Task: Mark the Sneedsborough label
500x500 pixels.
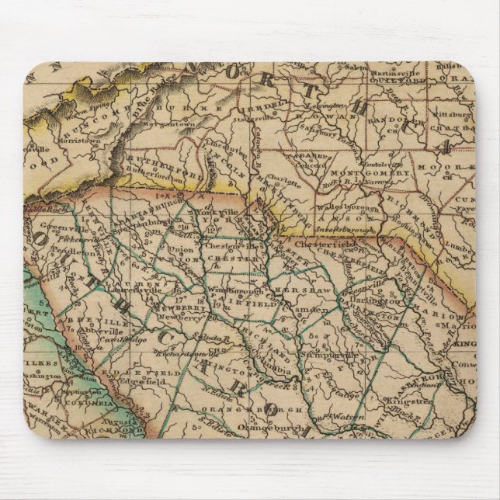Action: (x=346, y=230)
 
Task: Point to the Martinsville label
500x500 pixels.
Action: (x=393, y=72)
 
